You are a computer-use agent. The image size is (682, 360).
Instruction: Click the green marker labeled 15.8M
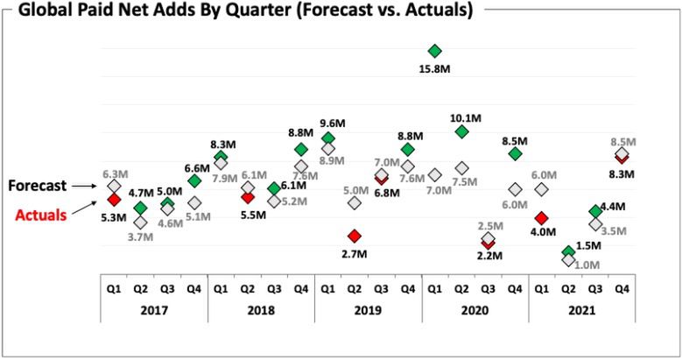pos(435,51)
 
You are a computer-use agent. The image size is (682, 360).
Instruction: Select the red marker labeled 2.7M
pos(355,236)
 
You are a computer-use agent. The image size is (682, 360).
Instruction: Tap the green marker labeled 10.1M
pos(461,131)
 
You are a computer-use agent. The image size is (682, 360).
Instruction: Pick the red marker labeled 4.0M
pos(542,217)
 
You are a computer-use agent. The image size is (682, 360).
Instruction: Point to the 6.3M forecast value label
pos(116,174)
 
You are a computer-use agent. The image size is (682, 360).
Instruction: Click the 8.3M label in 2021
pos(622,174)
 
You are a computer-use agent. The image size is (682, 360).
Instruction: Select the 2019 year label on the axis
pos(368,310)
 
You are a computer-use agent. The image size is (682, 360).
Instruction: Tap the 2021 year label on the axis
pos(581,310)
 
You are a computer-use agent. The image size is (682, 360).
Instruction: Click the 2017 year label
pos(154,310)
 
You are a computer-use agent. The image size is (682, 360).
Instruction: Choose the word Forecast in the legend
pos(39,186)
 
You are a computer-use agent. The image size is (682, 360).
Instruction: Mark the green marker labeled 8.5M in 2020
pos(515,153)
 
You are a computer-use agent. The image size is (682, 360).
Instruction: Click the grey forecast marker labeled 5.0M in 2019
pos(355,202)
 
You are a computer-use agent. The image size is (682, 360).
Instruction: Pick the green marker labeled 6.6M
pos(194,180)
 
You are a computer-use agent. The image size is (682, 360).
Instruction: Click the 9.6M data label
pos(328,138)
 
